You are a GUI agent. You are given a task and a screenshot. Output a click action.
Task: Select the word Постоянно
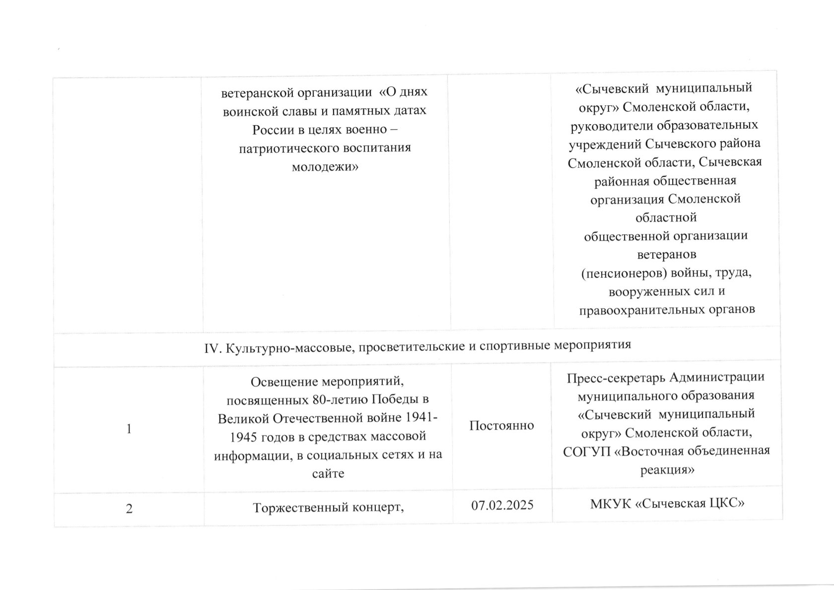501,425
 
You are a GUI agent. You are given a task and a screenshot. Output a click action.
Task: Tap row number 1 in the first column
129,429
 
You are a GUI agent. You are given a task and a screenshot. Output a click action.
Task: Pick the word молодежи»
325,167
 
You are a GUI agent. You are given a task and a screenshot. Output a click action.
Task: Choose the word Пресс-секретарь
615,378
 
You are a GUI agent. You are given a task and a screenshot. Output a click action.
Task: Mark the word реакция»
667,470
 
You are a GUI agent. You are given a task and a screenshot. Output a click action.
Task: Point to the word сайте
328,473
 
